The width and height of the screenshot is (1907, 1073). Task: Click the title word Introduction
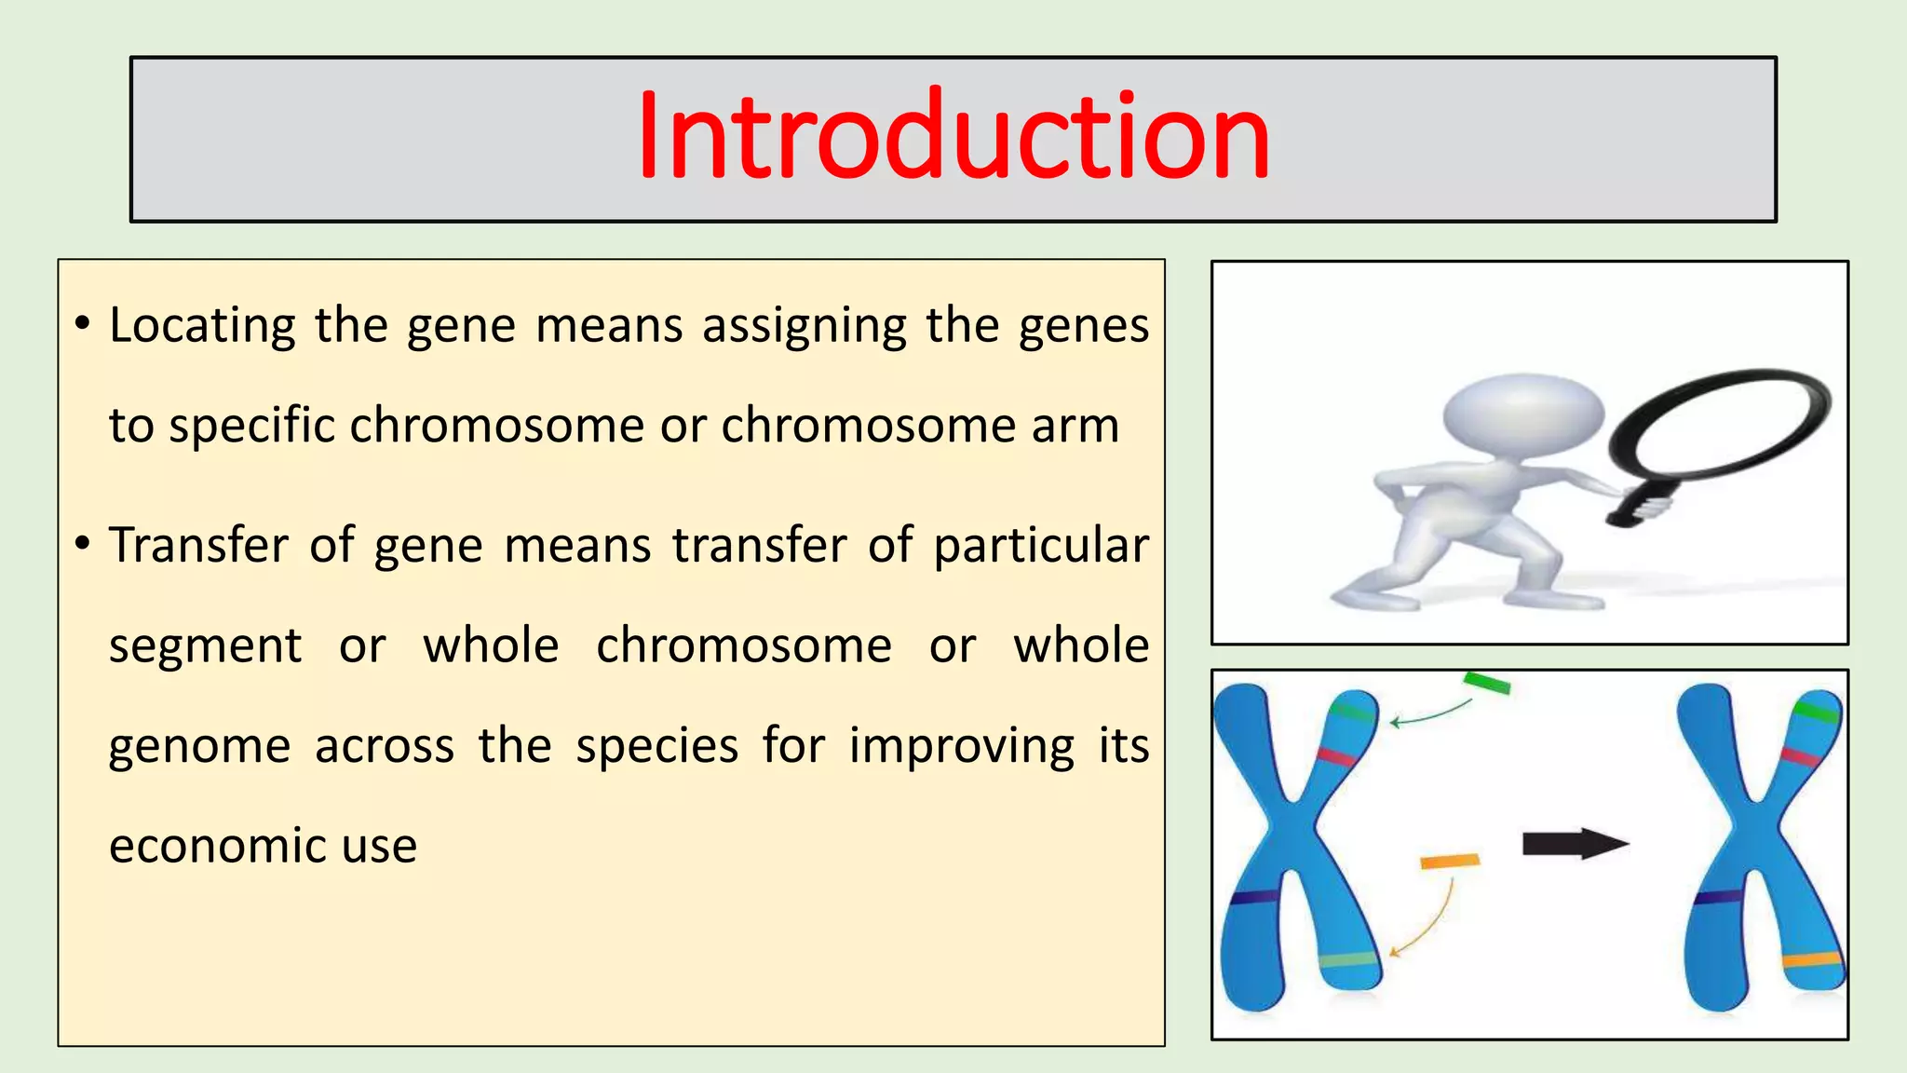point(953,138)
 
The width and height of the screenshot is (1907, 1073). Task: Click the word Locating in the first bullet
point(202,326)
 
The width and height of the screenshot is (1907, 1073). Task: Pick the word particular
point(1041,547)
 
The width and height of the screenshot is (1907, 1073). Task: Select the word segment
point(205,647)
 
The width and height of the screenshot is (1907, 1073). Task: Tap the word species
point(657,747)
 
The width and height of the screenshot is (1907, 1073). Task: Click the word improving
point(962,747)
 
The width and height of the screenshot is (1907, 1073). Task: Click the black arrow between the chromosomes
point(1575,844)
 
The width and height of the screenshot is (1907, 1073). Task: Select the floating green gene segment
point(1486,683)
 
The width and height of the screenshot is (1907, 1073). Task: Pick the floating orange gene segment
point(1449,861)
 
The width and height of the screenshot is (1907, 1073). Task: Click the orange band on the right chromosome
point(1811,960)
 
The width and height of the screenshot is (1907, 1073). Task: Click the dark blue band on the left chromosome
point(1254,897)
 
